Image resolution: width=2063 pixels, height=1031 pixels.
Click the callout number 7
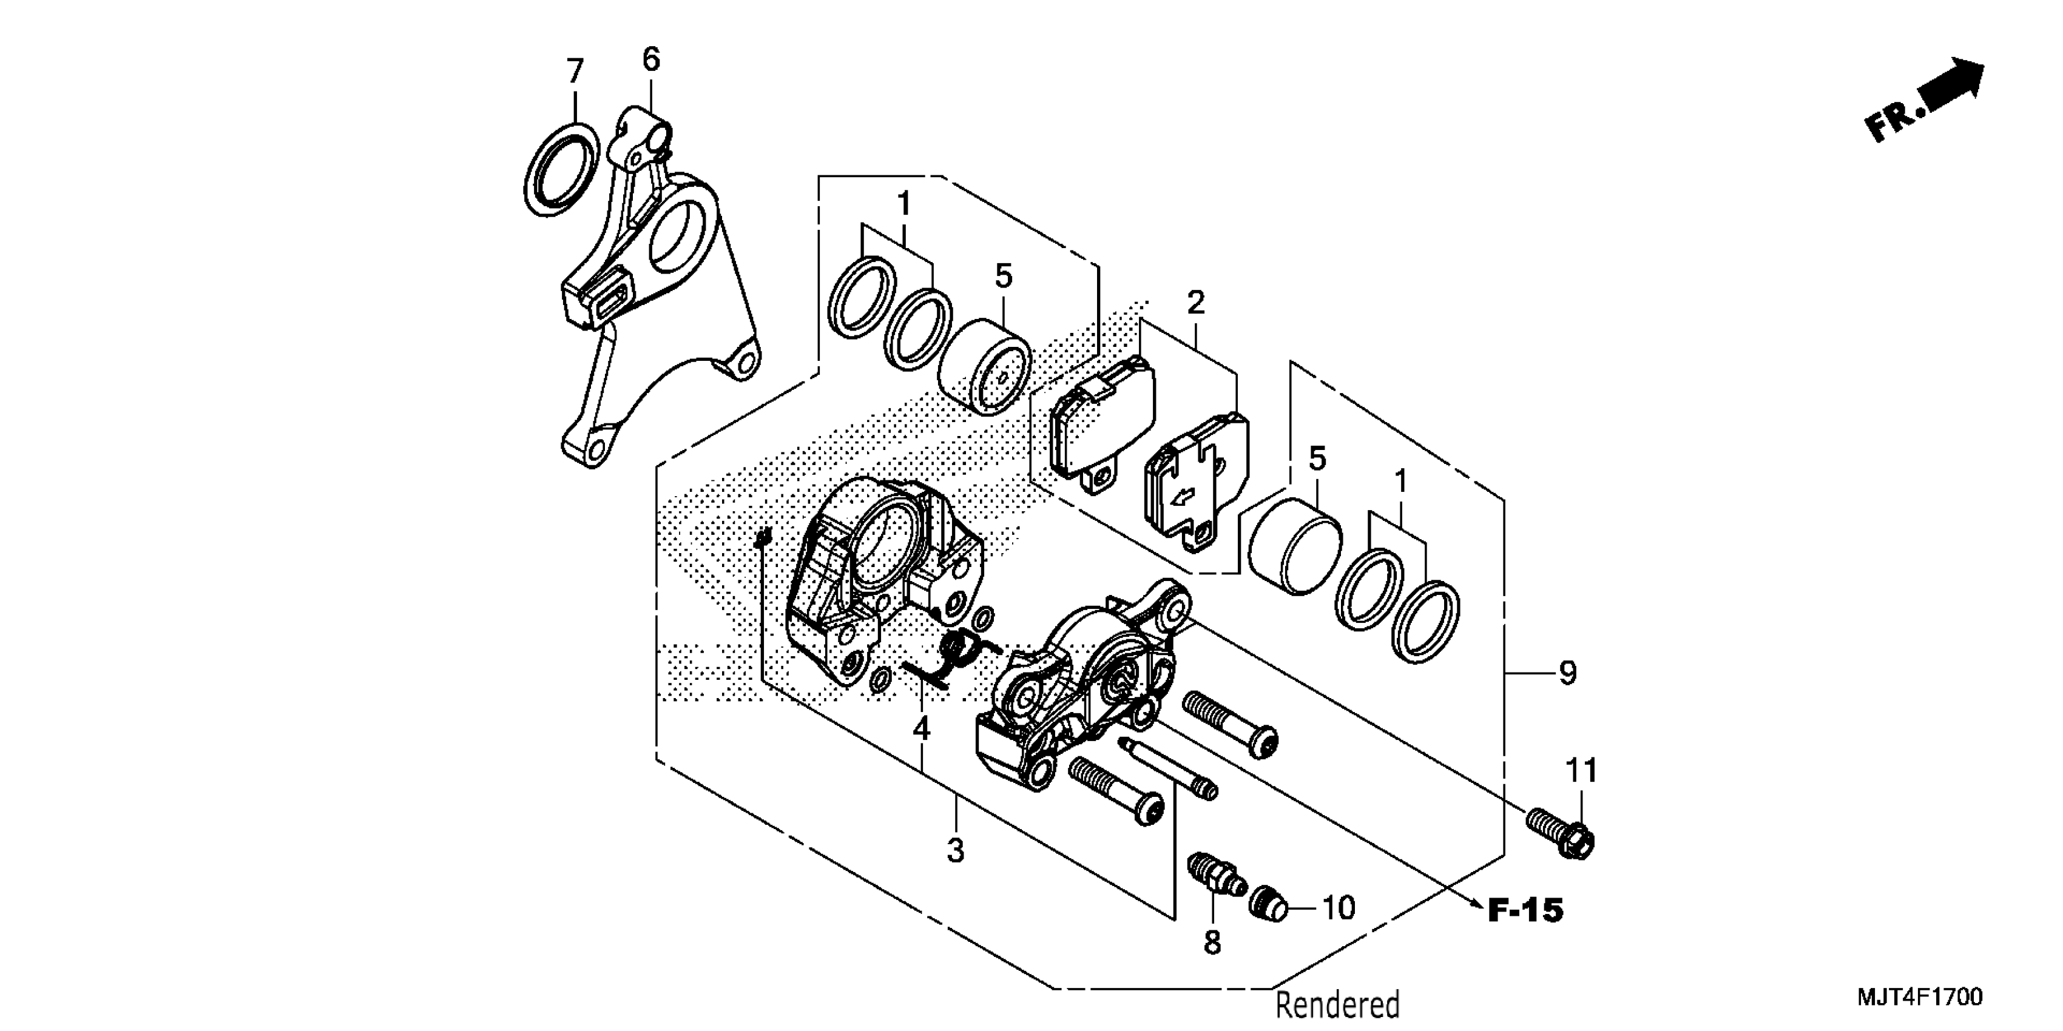(575, 72)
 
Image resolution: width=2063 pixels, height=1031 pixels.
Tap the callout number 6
(651, 60)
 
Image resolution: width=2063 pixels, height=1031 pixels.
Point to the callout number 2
(1196, 303)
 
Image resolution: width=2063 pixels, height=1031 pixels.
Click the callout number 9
(1568, 673)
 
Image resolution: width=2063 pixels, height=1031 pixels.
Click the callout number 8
(1212, 943)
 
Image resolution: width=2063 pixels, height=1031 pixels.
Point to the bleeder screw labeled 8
(1214, 876)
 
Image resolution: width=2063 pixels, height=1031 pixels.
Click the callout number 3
(956, 850)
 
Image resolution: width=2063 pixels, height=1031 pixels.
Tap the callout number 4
(922, 729)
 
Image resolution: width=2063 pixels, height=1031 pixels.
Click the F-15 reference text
(1525, 911)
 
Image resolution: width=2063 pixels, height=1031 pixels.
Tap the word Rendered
(1337, 1004)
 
